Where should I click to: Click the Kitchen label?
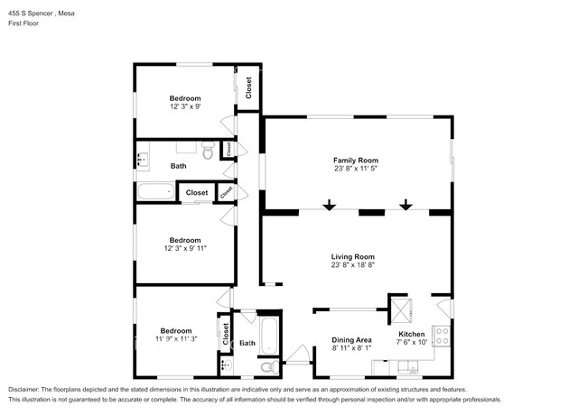pyautogui.click(x=412, y=334)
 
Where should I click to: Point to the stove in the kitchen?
pyautogui.click(x=443, y=337)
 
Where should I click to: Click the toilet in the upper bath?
pyautogui.click(x=207, y=152)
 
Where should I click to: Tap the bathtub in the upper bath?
pyautogui.click(x=154, y=191)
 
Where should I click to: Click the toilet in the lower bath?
pyautogui.click(x=265, y=367)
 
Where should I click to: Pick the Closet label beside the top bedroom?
pyautogui.click(x=248, y=88)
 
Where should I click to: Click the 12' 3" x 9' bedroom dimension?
pyautogui.click(x=185, y=106)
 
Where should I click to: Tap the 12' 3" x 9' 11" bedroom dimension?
pyautogui.click(x=185, y=249)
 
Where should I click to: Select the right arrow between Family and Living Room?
pyautogui.click(x=405, y=207)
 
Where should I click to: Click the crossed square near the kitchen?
pyautogui.click(x=399, y=311)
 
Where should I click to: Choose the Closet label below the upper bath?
pyautogui.click(x=196, y=192)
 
